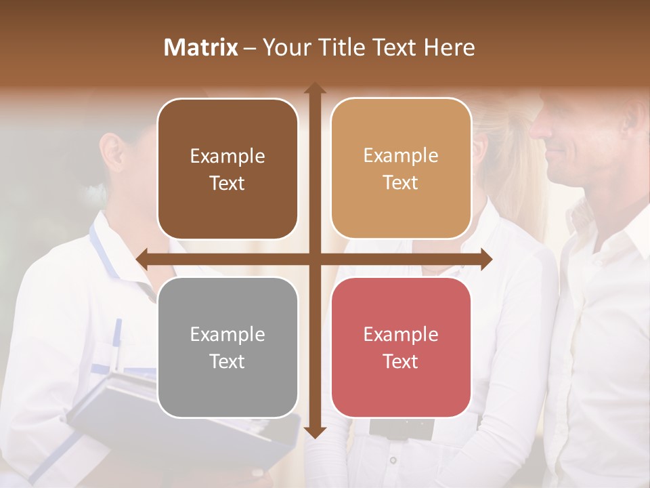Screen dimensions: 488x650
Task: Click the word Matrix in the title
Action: [201, 47]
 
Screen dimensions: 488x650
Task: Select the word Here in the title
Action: [449, 47]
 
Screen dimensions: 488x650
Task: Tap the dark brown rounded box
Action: [227, 169]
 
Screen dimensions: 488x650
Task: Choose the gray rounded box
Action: [227, 347]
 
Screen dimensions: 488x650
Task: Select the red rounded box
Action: [401, 347]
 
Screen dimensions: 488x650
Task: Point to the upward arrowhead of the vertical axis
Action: [315, 88]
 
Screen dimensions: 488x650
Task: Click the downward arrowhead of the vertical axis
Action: [315, 432]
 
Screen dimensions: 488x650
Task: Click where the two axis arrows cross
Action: [315, 258]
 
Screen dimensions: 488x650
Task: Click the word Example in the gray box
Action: [227, 334]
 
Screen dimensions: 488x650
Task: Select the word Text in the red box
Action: [401, 361]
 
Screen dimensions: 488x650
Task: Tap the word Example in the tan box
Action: [401, 155]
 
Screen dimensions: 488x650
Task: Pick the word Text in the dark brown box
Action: [227, 183]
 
